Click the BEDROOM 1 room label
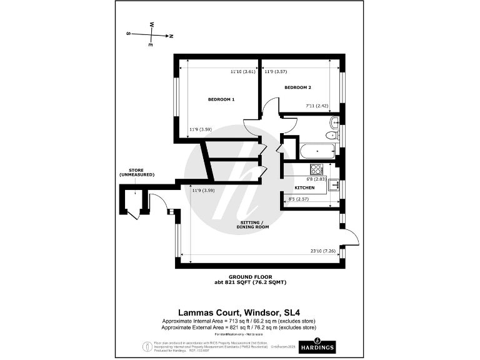221,99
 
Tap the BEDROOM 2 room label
297,87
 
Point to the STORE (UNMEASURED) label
137,172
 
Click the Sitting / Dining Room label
252,225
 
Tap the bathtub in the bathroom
318,151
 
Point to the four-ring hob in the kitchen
316,169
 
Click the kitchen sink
334,184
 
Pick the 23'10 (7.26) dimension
322,251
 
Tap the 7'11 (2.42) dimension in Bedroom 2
316,106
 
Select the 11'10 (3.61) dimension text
242,72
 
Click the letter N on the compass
171,36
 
